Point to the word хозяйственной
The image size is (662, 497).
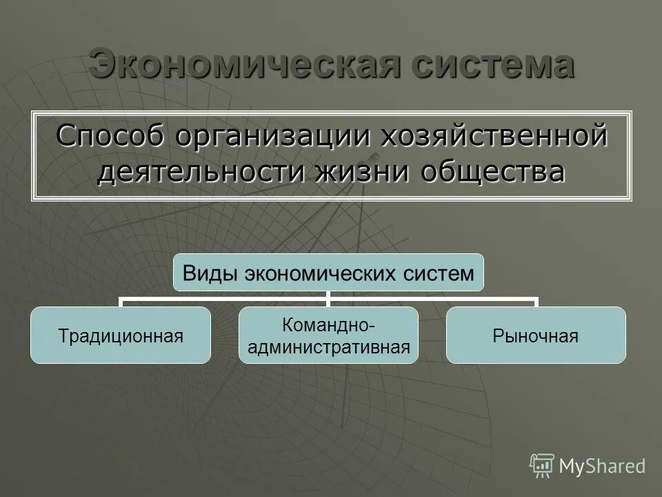[x=494, y=134]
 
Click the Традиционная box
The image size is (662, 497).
[x=121, y=335]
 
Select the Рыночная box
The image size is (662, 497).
[x=536, y=335]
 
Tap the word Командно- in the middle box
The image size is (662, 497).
[x=328, y=324]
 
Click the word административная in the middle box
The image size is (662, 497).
[x=328, y=347]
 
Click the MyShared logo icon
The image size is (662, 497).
[x=542, y=465]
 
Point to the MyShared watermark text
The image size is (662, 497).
[x=602, y=466]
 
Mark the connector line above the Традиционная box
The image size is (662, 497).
[x=121, y=302]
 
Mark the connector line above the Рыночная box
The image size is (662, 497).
[x=536, y=302]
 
